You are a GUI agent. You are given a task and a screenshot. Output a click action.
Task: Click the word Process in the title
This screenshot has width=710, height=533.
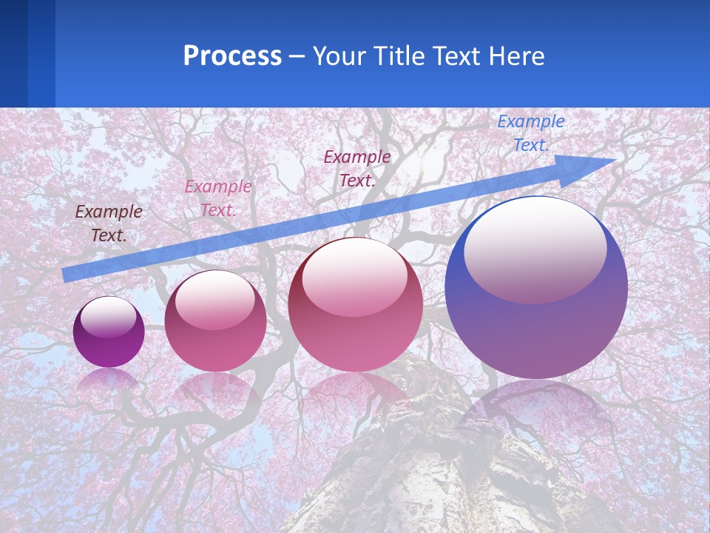coord(232,56)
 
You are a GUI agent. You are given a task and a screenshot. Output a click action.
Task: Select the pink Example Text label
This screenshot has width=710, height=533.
coord(217,198)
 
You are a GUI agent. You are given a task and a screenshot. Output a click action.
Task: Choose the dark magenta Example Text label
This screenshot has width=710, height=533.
coord(356,168)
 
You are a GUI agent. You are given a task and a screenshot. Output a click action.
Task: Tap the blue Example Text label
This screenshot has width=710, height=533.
coord(530,133)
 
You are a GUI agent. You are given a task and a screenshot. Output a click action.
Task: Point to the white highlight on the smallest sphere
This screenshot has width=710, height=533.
coord(108,317)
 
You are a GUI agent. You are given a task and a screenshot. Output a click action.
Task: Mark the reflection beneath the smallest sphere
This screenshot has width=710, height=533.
coord(109,380)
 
